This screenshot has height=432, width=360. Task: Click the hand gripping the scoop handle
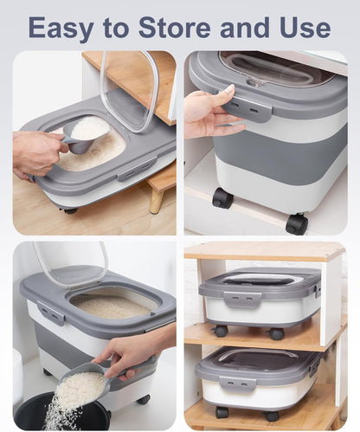36,152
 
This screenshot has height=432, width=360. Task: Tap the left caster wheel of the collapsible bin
222,198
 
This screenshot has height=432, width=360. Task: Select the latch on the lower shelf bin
237,382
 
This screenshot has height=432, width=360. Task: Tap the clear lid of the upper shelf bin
260,279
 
